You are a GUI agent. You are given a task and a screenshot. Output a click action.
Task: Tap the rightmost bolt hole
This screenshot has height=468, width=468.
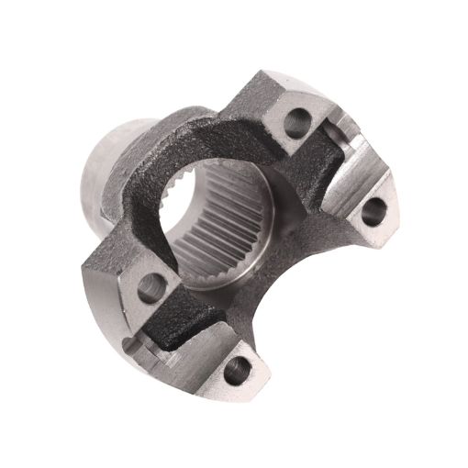tap(372, 211)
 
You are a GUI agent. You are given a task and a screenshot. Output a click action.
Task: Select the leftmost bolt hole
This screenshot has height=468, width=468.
tap(150, 287)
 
